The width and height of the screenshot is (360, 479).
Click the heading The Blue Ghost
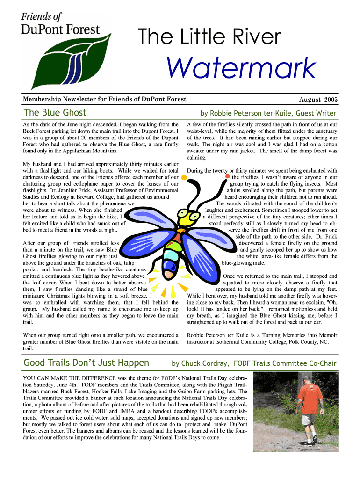coord(55,113)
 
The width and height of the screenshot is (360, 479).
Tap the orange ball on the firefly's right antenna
coord(228,177)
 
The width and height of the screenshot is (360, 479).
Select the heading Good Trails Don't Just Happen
coord(86,363)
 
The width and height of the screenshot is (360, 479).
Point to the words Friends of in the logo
coord(41,17)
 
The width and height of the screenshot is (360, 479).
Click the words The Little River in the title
coord(209,37)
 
